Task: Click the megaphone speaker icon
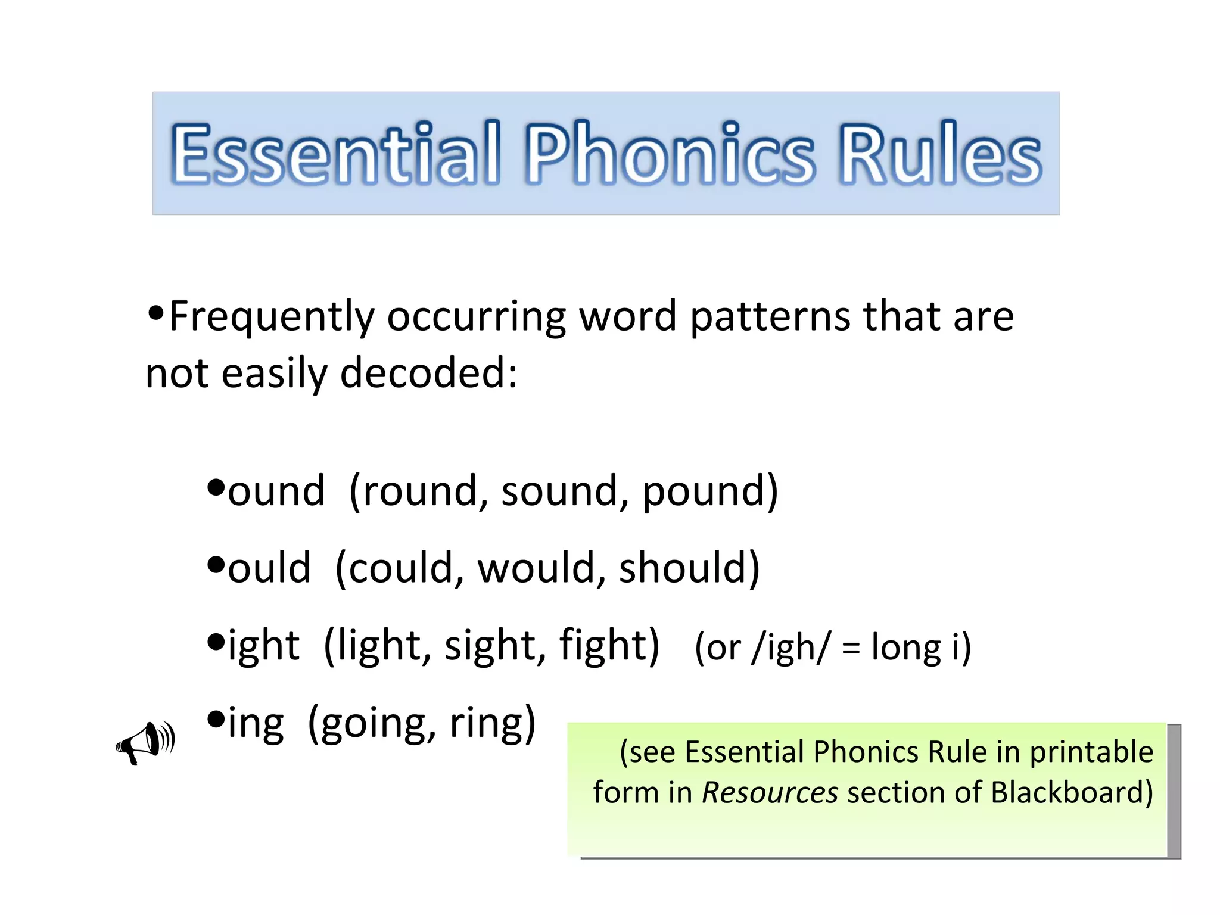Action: click(145, 742)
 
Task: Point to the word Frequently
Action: click(272, 317)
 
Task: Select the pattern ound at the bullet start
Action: click(276, 491)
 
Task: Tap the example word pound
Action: click(703, 491)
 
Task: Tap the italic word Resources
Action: click(770, 793)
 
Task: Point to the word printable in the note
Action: click(1091, 752)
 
